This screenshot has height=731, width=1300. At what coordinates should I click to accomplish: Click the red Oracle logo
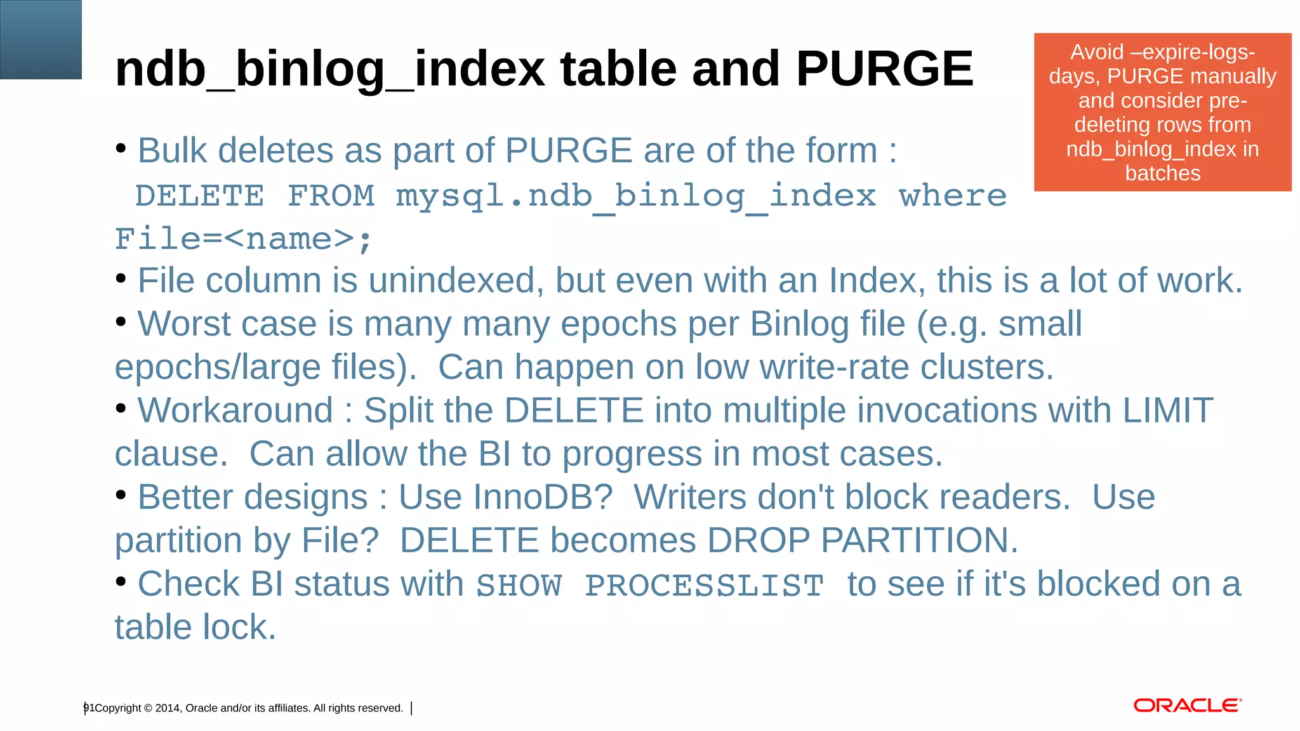pos(1187,706)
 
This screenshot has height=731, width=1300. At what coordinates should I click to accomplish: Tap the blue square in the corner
pos(41,39)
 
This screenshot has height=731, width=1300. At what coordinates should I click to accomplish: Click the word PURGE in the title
pos(884,69)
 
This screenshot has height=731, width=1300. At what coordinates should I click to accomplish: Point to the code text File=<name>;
pos(244,240)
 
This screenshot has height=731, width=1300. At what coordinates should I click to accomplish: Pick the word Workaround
pos(235,410)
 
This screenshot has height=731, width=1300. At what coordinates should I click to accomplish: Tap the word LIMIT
pos(1168,410)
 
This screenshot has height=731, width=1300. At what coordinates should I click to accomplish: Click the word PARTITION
pos(919,541)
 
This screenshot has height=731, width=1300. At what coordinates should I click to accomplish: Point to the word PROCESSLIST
pos(704,585)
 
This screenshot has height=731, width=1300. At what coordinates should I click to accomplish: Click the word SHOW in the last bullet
pos(519,585)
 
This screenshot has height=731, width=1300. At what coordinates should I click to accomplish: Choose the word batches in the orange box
pos(1162,173)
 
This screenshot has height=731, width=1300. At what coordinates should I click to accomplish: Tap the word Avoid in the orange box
pos(1097,52)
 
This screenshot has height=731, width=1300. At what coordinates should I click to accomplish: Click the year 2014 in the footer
pos(168,708)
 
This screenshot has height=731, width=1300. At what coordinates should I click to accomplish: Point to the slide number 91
pos(89,708)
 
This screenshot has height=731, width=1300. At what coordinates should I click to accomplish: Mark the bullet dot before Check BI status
pos(121,581)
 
